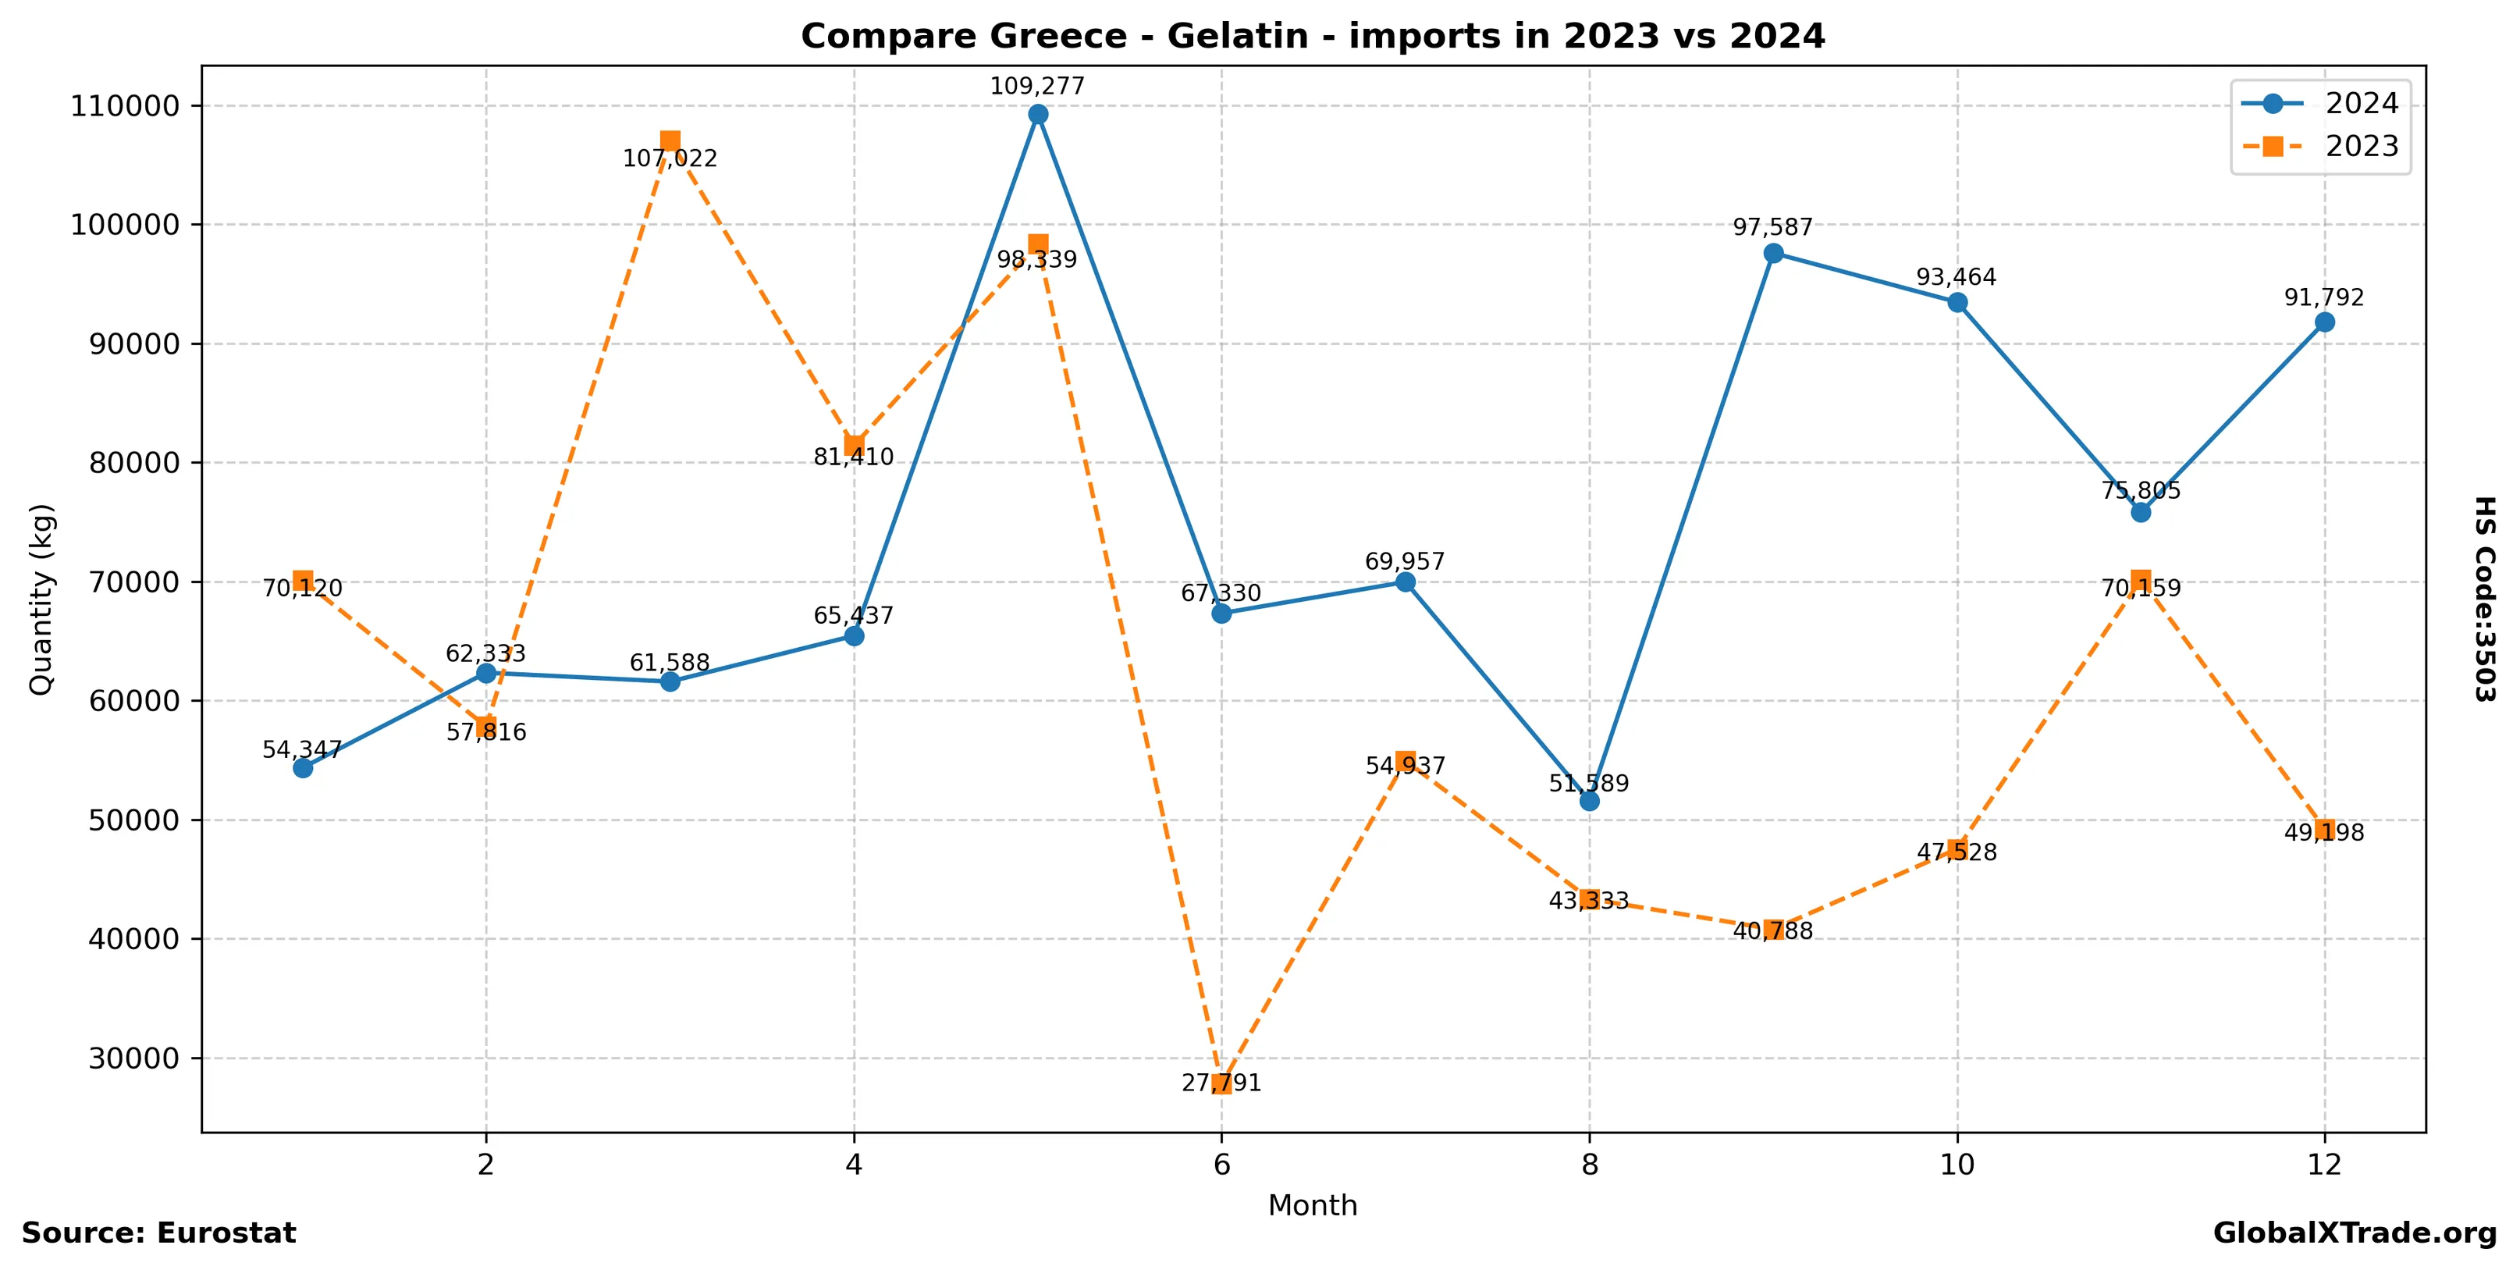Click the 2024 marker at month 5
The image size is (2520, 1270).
coord(1038,115)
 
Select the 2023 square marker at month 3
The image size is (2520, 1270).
coord(670,141)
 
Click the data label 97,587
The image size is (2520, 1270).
coord(1772,228)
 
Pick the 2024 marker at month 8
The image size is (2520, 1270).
coord(1590,802)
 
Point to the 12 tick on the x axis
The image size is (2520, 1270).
coord(2324,1165)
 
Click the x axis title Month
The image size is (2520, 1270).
coord(1312,1205)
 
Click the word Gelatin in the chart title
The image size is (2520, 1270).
coord(1238,36)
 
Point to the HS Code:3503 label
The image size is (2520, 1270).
coord(2485,599)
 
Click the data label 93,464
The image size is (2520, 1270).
coord(1957,278)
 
